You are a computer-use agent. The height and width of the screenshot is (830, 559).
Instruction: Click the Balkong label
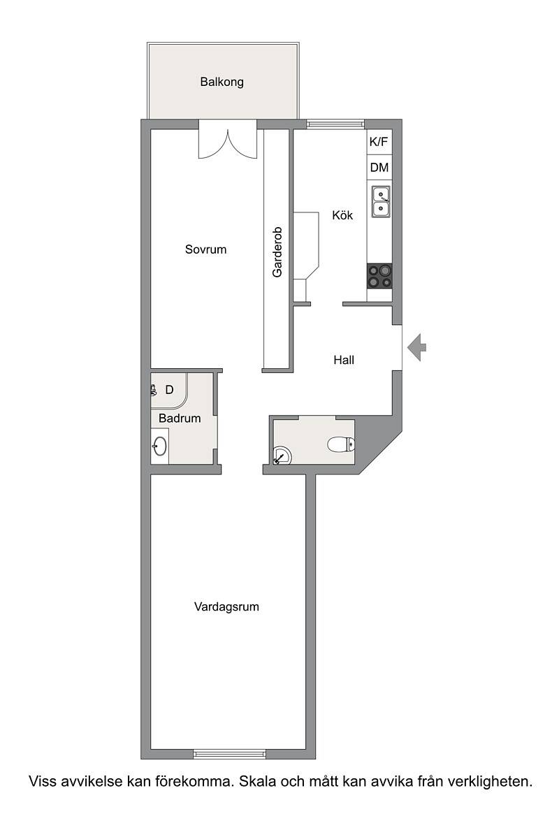[x=222, y=82]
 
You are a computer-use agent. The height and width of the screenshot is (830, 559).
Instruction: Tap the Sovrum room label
[x=206, y=249]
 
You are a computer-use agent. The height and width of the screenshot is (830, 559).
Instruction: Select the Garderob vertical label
[x=277, y=252]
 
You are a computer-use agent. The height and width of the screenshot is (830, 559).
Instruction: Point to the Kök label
[x=342, y=215]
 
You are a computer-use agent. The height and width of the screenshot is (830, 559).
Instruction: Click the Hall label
[x=344, y=361]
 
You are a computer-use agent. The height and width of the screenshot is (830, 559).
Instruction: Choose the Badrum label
[x=180, y=418]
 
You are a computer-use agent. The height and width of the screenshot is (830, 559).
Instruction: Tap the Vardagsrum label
[x=226, y=606]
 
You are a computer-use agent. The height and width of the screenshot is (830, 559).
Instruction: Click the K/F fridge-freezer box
[x=379, y=142]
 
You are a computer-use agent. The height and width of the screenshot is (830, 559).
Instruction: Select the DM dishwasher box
[x=379, y=167]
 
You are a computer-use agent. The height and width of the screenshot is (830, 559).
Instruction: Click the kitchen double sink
[x=381, y=202]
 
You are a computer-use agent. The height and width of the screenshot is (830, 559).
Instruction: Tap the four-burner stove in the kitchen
[x=379, y=276]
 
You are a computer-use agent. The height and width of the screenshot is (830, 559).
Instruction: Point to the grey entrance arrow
[x=416, y=348]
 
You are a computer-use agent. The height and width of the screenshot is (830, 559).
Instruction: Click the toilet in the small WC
[x=341, y=444]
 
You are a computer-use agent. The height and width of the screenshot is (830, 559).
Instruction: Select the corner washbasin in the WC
[x=282, y=456]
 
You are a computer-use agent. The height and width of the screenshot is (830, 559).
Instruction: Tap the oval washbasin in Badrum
[x=160, y=446]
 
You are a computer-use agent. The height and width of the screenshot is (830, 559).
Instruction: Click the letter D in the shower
[x=169, y=390]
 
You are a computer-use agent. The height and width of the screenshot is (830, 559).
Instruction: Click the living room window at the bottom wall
[x=230, y=755]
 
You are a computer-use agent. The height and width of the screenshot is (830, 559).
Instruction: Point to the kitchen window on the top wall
[x=335, y=125]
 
